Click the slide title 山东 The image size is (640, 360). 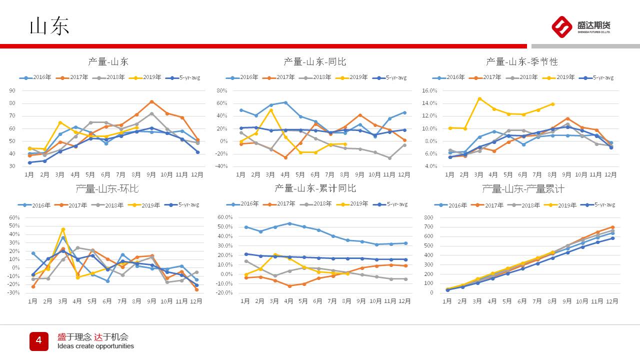[49, 26]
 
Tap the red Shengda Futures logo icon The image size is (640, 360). [561, 26]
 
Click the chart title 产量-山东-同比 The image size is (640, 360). [314, 61]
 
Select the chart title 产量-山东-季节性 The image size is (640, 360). [521, 61]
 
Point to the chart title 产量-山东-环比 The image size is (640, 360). [107, 188]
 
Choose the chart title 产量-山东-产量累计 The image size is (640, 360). [523, 188]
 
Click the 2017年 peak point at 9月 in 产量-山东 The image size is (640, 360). [151, 101]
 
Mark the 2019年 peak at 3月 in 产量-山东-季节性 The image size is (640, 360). [479, 98]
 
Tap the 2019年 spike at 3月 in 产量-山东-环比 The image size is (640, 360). [62, 229]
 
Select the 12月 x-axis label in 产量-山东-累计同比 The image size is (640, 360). [404, 301]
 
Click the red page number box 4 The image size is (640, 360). [38, 341]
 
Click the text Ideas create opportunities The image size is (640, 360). [95, 346]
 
